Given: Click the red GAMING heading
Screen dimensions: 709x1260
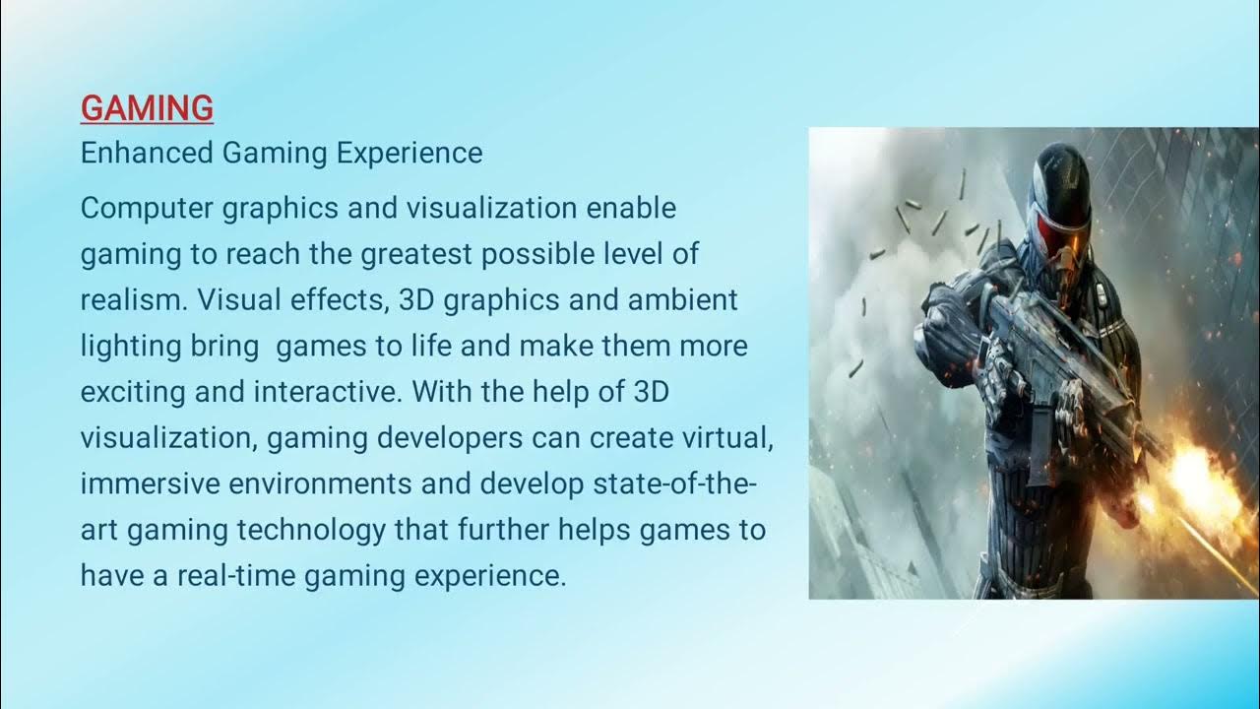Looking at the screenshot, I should (147, 108).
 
